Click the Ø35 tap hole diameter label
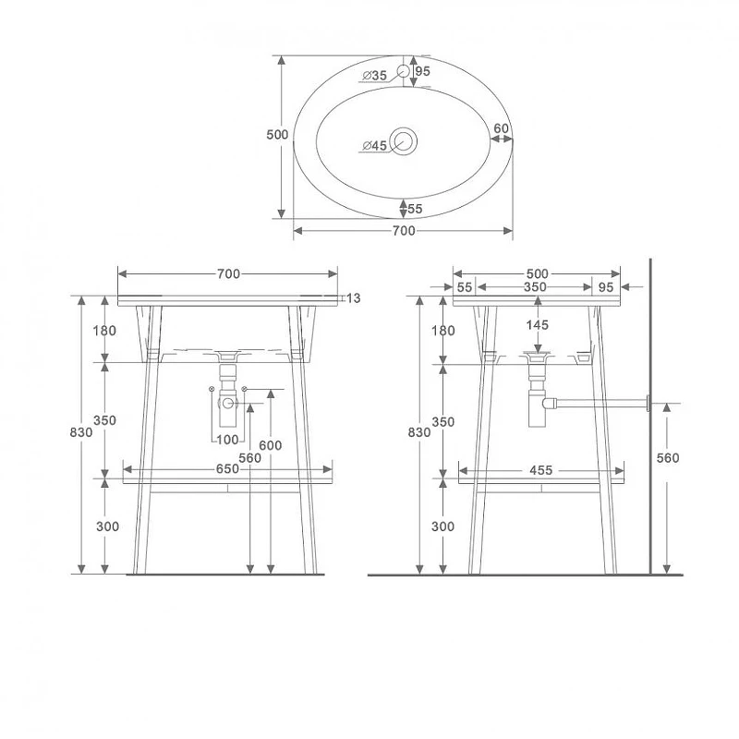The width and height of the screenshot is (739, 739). [375, 75]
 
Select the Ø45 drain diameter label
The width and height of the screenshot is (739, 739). [375, 146]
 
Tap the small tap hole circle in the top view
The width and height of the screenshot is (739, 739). [404, 71]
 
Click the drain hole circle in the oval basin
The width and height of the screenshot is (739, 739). [404, 141]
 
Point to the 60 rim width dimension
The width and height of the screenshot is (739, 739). [501, 128]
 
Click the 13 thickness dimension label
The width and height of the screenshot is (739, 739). [353, 297]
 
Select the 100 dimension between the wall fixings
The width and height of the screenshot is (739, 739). [227, 440]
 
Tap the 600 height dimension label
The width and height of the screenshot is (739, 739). [271, 445]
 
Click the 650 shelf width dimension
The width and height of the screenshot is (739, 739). [227, 469]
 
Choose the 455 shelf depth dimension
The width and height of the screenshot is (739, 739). [540, 470]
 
